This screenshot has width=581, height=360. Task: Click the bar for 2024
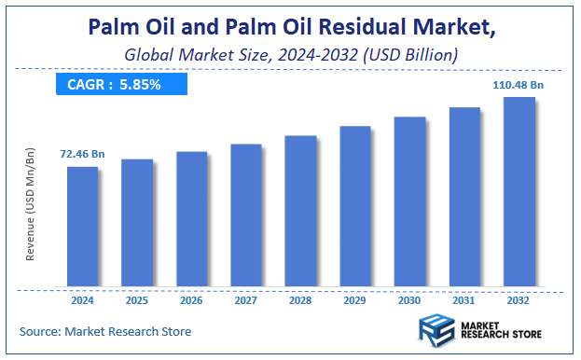82,227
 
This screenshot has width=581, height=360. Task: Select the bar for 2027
246,215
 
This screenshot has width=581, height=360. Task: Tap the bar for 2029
355,206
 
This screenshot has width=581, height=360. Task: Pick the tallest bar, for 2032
519,191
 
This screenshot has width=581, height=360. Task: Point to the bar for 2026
191,219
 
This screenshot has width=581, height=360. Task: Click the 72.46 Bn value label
83,153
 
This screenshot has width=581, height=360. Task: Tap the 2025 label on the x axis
137,300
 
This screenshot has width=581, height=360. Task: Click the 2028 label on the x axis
300,300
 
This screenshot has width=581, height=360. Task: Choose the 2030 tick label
409,300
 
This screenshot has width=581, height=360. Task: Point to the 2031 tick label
464,300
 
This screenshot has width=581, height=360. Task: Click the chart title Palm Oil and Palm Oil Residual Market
291,28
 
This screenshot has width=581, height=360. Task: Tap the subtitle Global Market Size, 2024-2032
291,55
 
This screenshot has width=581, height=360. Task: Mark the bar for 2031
464,197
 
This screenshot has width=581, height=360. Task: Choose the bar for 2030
409,201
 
